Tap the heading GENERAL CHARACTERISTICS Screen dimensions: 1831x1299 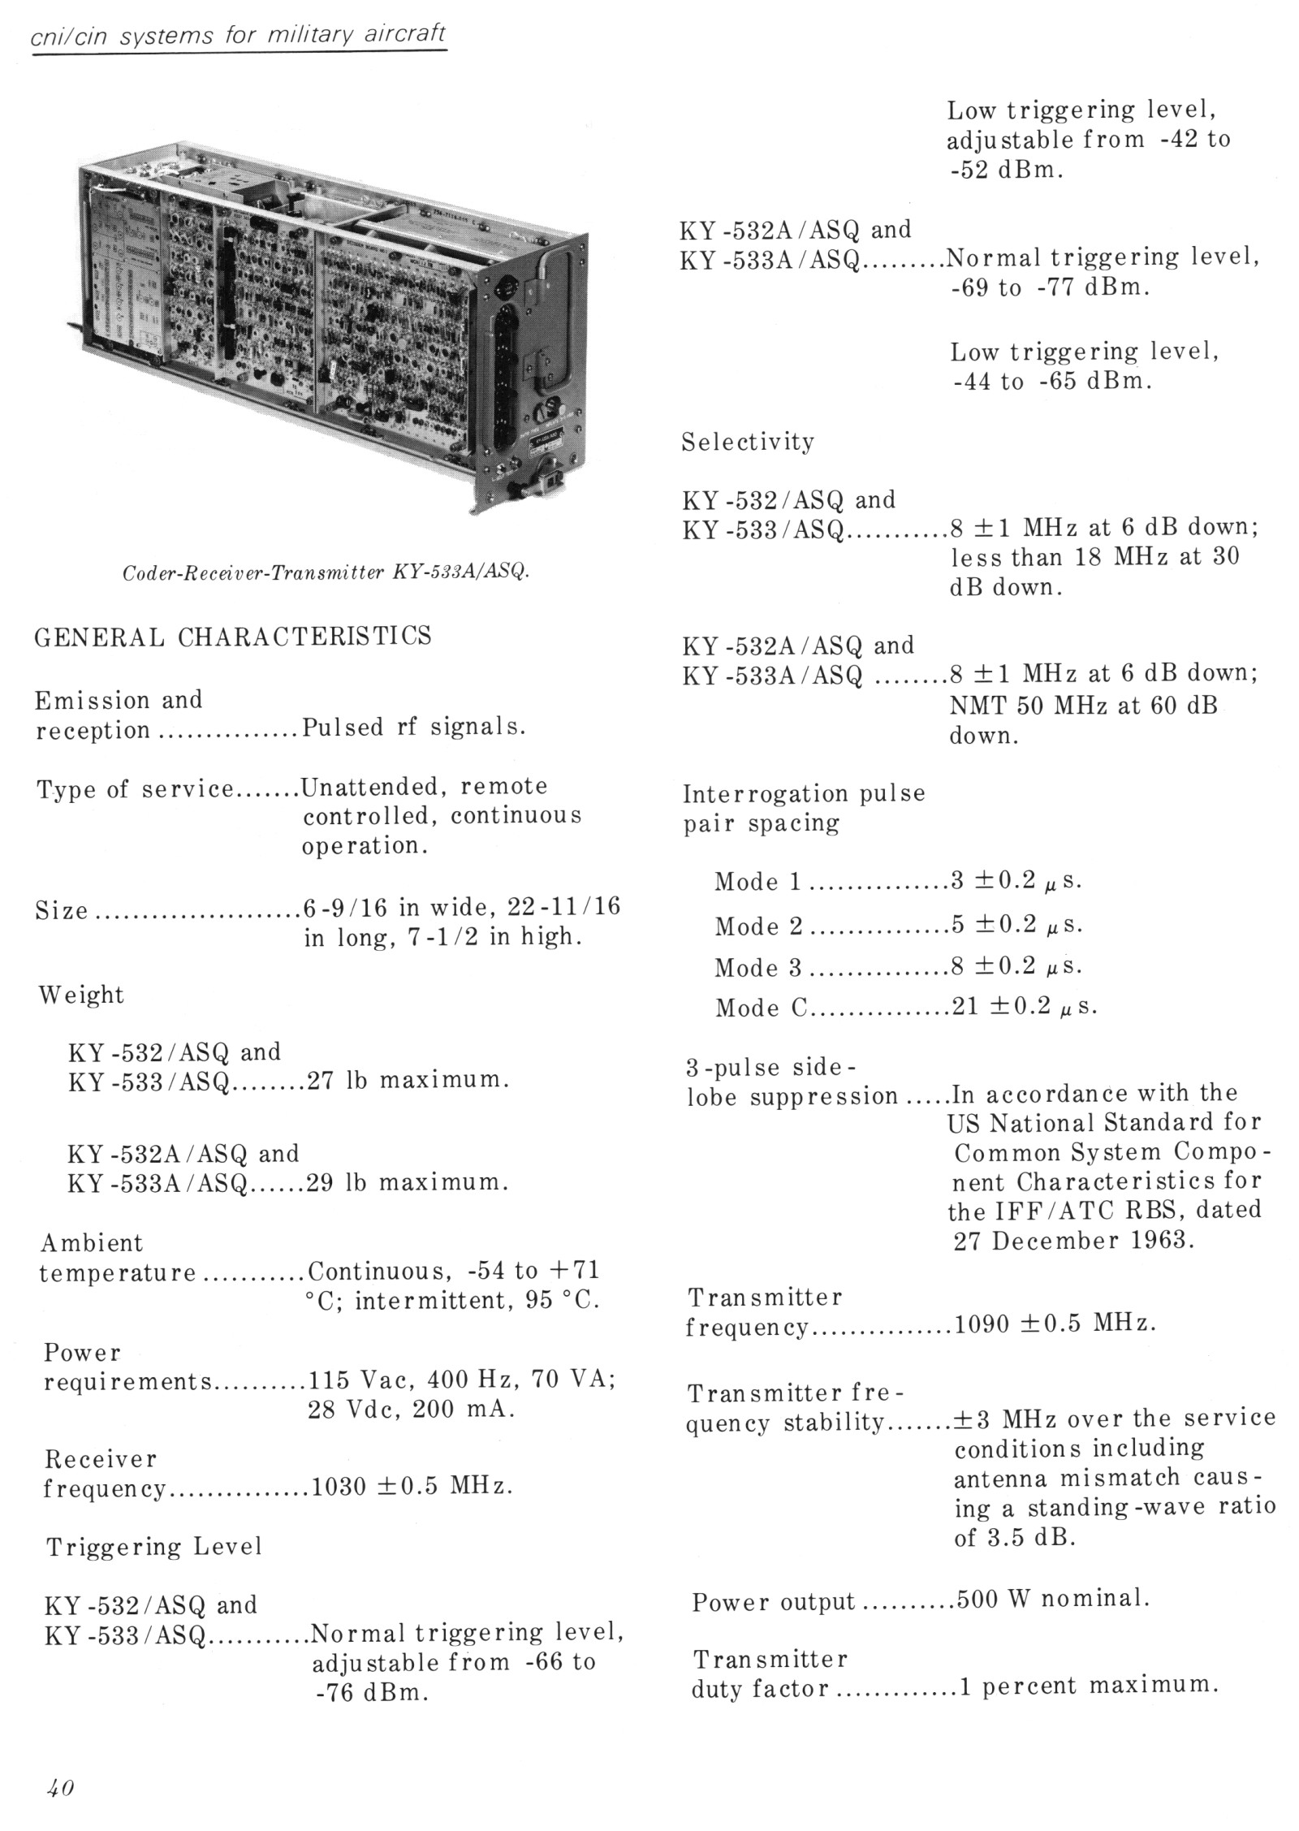[x=233, y=636]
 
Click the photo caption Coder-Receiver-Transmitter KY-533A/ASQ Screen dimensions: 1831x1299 [x=326, y=572]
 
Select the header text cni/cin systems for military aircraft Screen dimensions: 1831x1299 [x=239, y=36]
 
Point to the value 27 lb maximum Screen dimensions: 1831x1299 [x=408, y=1081]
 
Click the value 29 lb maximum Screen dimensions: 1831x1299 [x=408, y=1182]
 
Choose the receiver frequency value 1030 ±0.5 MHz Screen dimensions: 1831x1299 [x=412, y=1486]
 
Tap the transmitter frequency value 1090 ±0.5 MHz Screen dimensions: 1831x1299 [x=1055, y=1324]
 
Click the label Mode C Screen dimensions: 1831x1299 [x=760, y=1008]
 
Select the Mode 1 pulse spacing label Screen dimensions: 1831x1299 [x=758, y=883]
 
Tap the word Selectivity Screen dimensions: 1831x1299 [x=747, y=443]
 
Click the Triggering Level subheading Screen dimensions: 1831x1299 [x=154, y=1546]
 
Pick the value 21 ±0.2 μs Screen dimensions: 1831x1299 [x=1024, y=1008]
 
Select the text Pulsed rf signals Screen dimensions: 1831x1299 [x=413, y=728]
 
